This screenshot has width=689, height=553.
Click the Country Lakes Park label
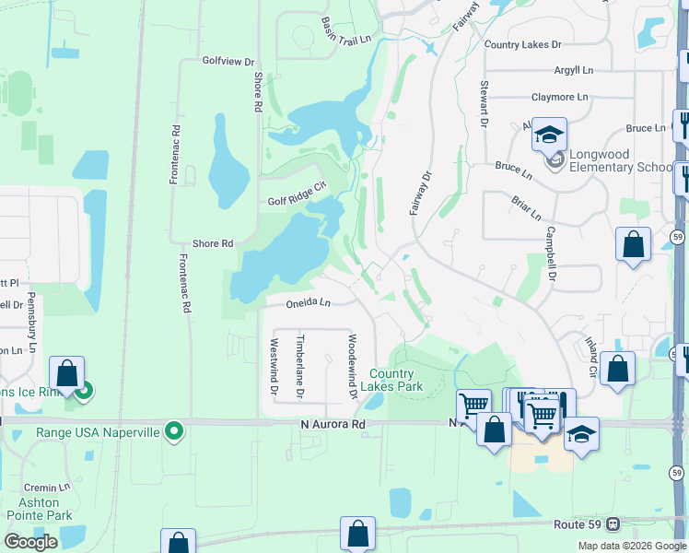click(x=396, y=380)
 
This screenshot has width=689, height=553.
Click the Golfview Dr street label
click(x=228, y=61)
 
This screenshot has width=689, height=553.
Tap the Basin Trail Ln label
click(x=346, y=30)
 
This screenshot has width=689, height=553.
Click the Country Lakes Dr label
click(x=522, y=44)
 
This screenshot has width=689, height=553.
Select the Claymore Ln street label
click(x=559, y=97)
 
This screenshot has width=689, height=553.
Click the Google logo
click(x=30, y=542)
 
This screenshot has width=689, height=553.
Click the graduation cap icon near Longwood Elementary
click(x=549, y=135)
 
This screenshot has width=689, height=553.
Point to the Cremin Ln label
click(x=48, y=487)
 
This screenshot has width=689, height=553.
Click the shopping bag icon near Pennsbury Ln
click(x=66, y=374)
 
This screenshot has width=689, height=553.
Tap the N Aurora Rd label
click(x=333, y=424)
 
